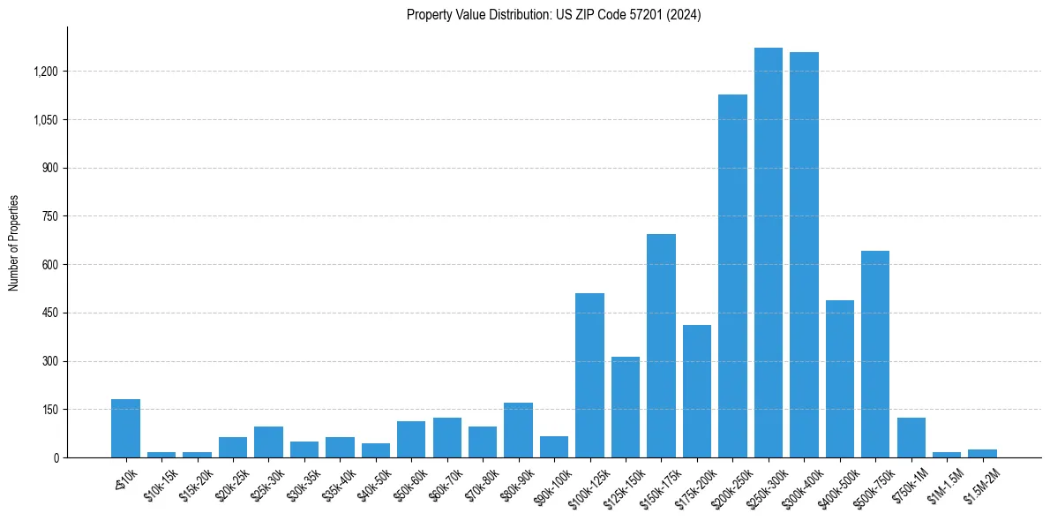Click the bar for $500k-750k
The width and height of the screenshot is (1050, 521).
tap(875, 354)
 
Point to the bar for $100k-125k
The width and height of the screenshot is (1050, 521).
tap(589, 375)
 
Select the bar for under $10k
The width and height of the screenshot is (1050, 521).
tap(125, 428)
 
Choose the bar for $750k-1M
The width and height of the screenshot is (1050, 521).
tap(911, 437)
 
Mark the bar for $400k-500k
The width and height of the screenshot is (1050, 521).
tap(839, 379)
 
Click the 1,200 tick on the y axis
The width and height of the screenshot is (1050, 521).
tap(44, 72)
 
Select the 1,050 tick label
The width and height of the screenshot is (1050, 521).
tap(44, 120)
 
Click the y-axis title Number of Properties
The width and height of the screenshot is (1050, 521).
tap(13, 242)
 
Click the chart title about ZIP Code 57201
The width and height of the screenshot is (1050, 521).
tap(553, 15)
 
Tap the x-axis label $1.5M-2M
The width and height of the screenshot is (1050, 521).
tap(978, 482)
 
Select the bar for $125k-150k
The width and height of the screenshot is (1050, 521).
tap(626, 407)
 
